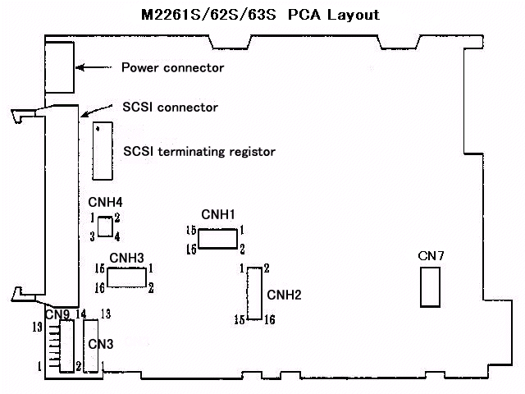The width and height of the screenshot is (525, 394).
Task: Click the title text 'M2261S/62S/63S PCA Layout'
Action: point(262,15)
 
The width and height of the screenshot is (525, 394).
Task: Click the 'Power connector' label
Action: point(172,67)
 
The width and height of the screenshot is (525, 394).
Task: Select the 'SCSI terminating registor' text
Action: point(199,151)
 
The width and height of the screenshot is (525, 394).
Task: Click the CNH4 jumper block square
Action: point(105,227)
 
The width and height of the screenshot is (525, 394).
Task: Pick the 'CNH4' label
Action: point(105,202)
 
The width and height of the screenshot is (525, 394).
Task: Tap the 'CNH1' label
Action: point(218,215)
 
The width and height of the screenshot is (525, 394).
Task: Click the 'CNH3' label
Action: point(126,258)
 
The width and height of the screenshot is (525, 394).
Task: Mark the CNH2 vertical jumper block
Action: point(254,292)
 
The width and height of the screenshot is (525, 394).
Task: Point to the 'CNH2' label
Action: point(285,295)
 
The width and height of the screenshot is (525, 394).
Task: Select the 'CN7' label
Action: point(431,257)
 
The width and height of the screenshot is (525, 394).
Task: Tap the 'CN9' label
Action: point(57,314)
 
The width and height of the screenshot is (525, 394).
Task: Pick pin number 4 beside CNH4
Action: point(118,236)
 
